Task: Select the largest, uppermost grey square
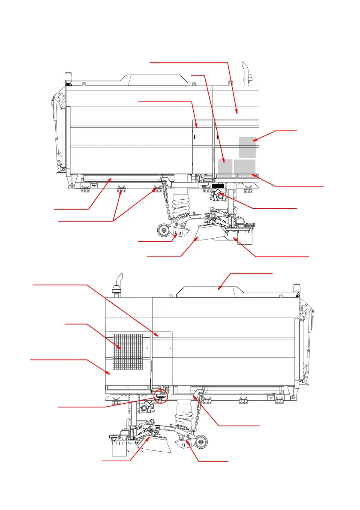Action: click(247, 147)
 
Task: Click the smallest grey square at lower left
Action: click(225, 167)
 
